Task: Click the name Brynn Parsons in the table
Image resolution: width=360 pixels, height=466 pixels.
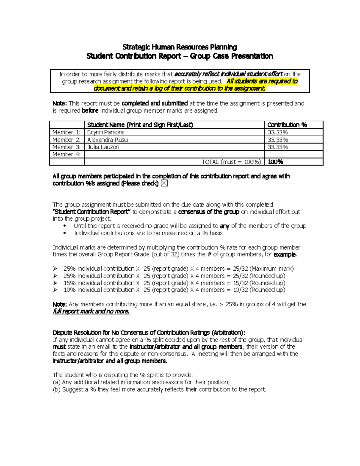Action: click(106, 132)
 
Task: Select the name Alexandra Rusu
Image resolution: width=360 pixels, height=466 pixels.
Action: click(107, 140)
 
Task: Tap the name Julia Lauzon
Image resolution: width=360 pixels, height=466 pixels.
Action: click(103, 147)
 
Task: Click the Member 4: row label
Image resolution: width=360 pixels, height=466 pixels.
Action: click(66, 154)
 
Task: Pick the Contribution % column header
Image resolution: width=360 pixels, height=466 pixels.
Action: click(287, 125)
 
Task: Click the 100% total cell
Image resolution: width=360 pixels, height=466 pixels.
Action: click(275, 162)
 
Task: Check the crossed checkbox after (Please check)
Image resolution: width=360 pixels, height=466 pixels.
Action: click(164, 183)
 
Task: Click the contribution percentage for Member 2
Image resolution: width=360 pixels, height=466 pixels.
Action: click(278, 140)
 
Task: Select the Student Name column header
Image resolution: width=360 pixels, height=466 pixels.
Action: click(140, 125)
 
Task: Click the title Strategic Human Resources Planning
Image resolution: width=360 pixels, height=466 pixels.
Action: click(179, 47)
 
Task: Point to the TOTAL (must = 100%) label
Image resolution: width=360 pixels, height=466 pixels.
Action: click(231, 162)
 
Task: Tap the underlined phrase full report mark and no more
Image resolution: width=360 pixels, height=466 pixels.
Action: click(91, 311)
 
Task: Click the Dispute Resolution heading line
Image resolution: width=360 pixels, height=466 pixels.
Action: click(149, 332)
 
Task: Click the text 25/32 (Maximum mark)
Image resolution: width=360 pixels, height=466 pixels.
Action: click(263, 269)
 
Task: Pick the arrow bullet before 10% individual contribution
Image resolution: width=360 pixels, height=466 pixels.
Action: click(55, 290)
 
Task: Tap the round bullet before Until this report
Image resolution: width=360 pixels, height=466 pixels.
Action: click(65, 226)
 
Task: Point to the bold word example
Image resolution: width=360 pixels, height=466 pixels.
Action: click(285, 254)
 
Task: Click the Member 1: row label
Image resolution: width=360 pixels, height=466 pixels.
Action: click(66, 132)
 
